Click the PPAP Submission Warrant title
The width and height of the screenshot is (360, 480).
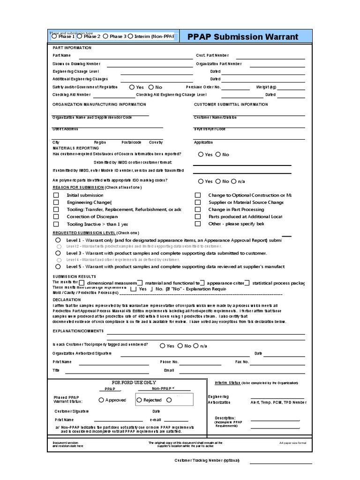click(x=242, y=37)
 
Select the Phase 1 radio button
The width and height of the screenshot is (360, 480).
click(x=54, y=37)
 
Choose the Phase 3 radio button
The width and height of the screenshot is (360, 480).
click(x=105, y=37)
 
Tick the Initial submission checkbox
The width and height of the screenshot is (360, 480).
click(x=56, y=195)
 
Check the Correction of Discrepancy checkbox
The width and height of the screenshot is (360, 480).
click(x=56, y=217)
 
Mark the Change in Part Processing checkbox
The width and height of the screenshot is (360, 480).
click(x=197, y=210)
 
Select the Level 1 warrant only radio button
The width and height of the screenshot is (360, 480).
click(x=58, y=240)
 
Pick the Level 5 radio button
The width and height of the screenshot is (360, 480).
click(x=58, y=266)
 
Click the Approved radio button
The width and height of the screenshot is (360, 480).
click(x=101, y=400)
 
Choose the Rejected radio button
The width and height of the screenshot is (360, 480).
click(x=139, y=400)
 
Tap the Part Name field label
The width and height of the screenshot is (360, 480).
click(x=61, y=56)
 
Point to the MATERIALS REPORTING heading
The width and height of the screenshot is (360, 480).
click(x=75, y=148)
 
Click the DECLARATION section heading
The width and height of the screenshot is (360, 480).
click(x=67, y=300)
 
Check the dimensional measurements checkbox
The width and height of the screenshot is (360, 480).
click(x=82, y=283)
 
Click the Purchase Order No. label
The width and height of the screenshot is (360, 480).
click(x=203, y=87)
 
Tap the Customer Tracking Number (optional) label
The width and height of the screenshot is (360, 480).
click(x=207, y=460)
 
